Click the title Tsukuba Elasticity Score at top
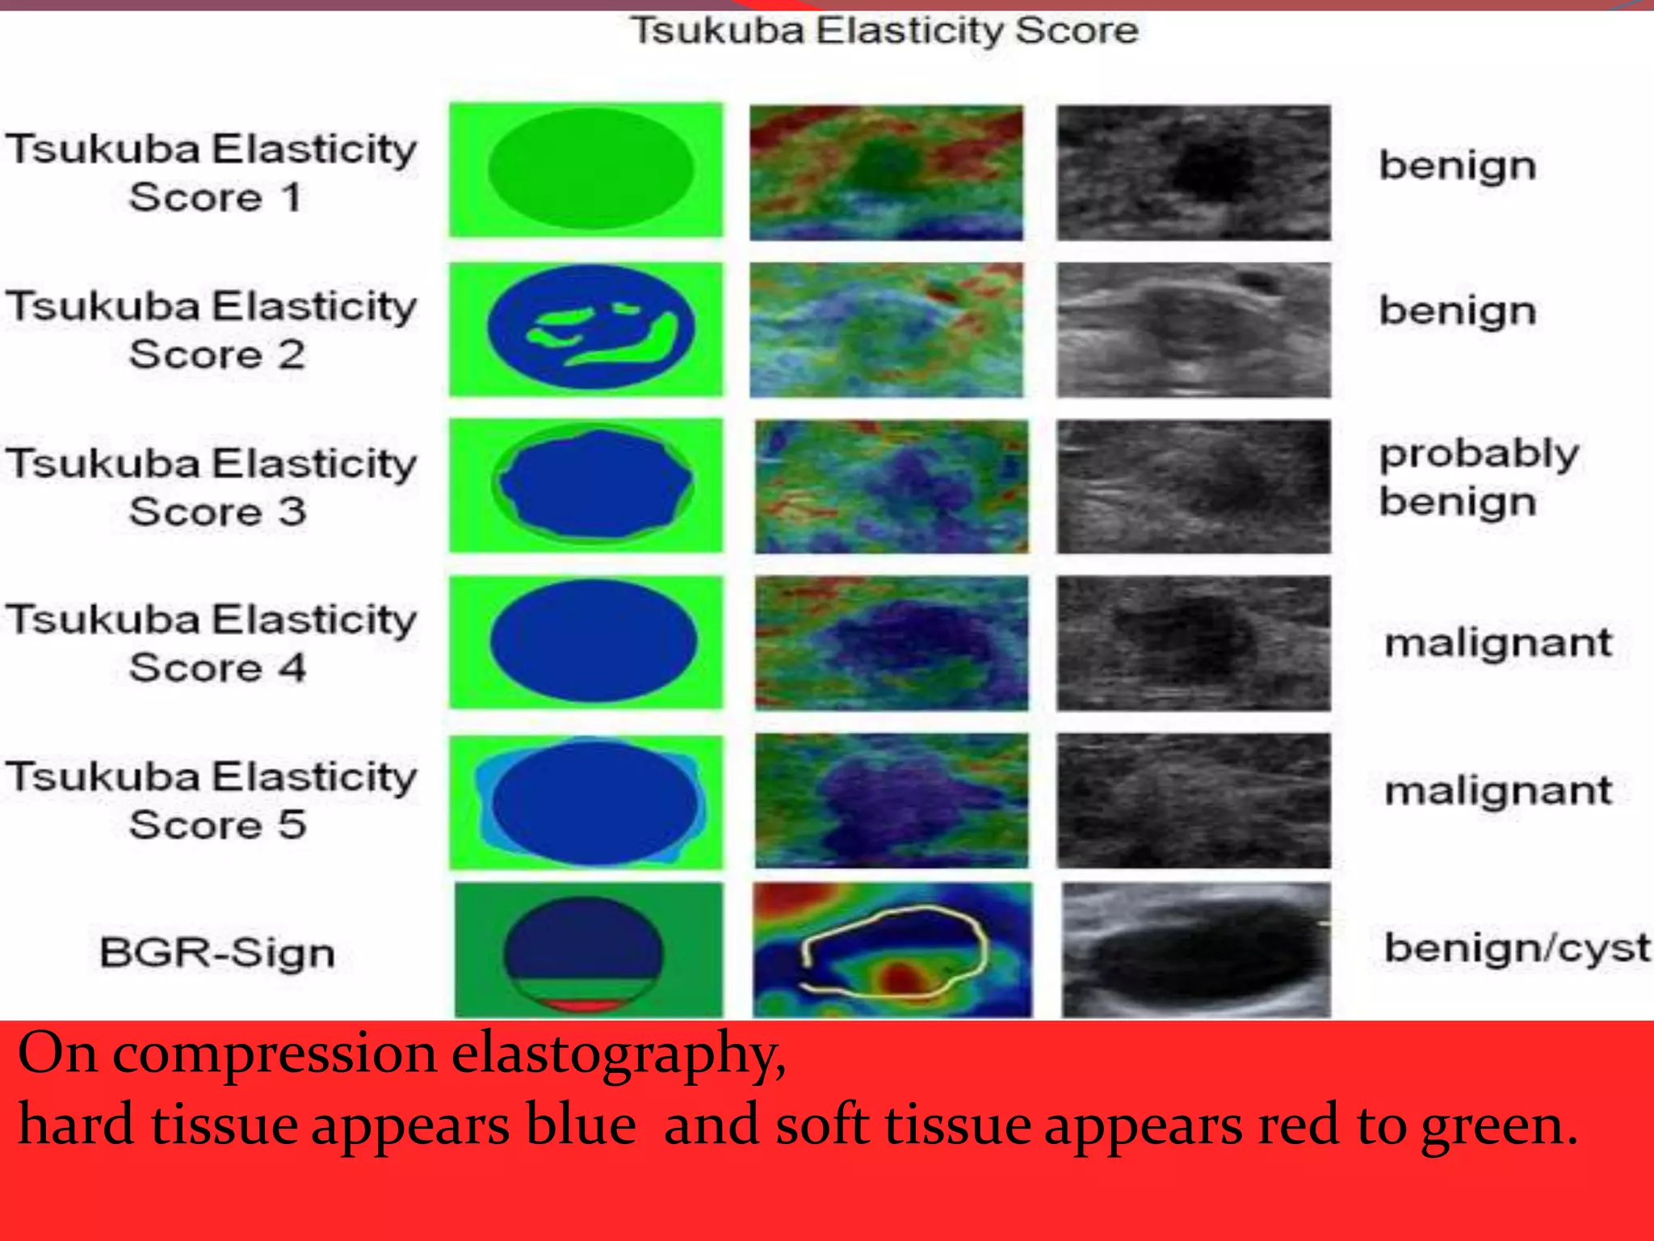click(884, 31)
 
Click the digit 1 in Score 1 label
click(292, 198)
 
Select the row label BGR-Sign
click(216, 952)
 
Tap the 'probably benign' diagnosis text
click(1478, 477)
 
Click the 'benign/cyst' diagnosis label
click(1517, 948)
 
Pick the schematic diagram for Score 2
click(586, 330)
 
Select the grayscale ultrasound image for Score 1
click(1193, 172)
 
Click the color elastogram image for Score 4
click(892, 643)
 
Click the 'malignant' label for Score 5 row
click(1498, 790)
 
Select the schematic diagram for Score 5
click(586, 802)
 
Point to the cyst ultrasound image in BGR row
click(1195, 950)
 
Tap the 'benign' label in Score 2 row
click(1457, 311)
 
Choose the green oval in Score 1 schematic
click(590, 168)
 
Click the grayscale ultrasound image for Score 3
click(1193, 486)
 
